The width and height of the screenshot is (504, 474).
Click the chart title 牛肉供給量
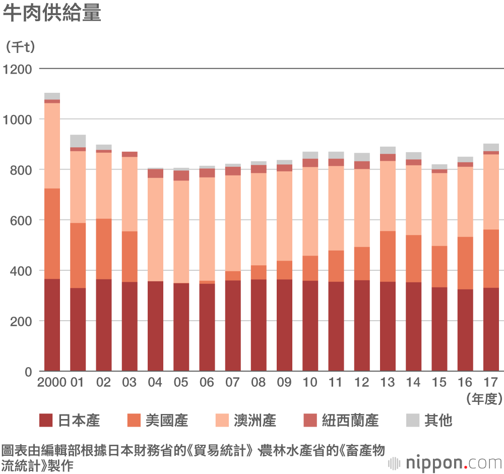pos(52,14)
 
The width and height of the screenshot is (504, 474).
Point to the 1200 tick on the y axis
pos(18,69)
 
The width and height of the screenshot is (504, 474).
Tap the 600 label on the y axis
pos(22,220)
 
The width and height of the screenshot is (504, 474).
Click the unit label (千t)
pos(21,47)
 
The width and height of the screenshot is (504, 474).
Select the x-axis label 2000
pos(52,382)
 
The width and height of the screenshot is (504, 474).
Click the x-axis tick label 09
pos(284,382)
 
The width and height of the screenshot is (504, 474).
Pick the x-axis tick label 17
pos(490,382)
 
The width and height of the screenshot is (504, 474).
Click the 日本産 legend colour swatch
pos(46,420)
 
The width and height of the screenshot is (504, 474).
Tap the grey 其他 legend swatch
pos(413,420)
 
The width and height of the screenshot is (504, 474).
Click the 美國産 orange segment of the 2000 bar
pos(52,233)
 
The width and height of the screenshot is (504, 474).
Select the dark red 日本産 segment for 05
pos(181,327)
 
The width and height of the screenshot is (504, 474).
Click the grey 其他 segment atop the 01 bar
pos(78,141)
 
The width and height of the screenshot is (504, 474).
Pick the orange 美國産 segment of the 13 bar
pos(388,256)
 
